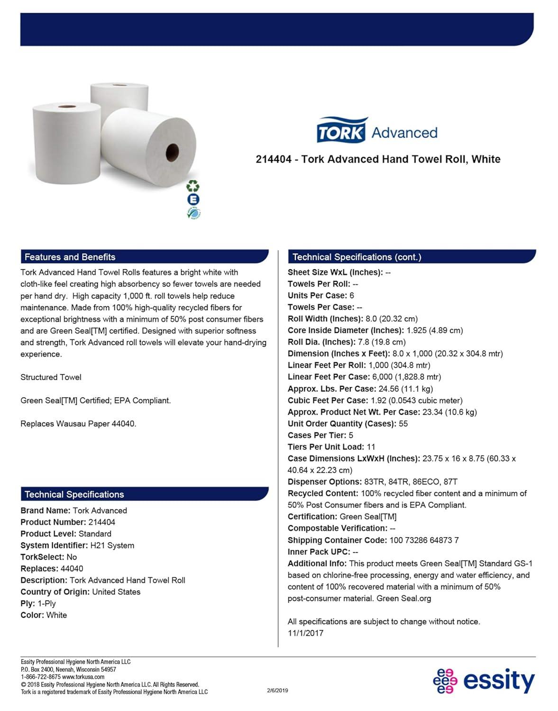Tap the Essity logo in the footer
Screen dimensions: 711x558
pos(484,681)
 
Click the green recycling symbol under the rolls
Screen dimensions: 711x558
pos(193,186)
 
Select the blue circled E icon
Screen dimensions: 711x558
pos(193,200)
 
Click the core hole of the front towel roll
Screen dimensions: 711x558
pos(173,152)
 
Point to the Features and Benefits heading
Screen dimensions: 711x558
pos(70,257)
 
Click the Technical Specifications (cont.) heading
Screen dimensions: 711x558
pos(357,257)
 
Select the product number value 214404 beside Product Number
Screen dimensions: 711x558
pos(101,522)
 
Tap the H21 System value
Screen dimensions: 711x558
pos(112,545)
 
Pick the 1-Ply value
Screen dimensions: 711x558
pos(46,603)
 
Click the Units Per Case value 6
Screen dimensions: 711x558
pos(352,295)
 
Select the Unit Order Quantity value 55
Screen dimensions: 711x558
pos(403,423)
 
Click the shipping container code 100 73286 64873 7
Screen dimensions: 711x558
pos(424,540)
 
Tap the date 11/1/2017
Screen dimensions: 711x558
pos(305,633)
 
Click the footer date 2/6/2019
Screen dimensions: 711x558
pos(277,690)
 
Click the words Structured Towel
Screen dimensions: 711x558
pos(51,377)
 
